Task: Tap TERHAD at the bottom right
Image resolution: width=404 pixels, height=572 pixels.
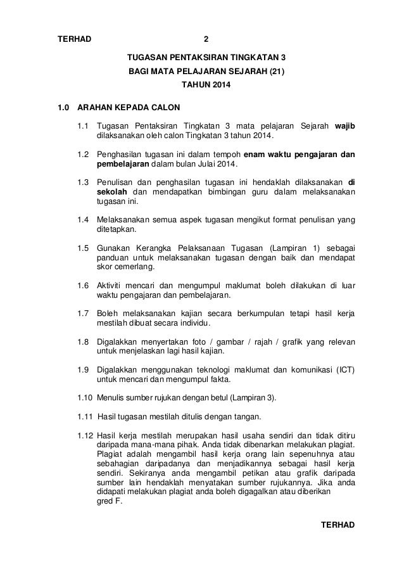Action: (339, 525)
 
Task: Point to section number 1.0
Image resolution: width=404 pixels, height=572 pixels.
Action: (63, 106)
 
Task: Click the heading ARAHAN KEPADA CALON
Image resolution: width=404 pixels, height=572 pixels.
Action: (129, 106)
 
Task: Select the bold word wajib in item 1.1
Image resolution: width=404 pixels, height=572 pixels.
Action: (344, 126)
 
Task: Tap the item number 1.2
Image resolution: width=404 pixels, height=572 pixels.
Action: (83, 155)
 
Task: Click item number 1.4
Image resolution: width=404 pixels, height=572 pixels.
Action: (83, 221)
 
